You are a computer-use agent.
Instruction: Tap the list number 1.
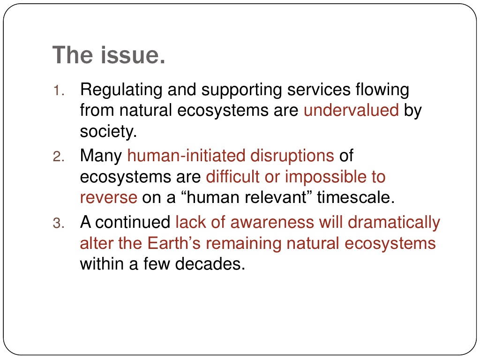tap(58, 91)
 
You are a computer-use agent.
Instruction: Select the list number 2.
tap(58, 157)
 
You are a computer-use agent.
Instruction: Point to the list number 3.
tap(58, 223)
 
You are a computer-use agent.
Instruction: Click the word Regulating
tap(121, 90)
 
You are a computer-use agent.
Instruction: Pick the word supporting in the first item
tap(241, 90)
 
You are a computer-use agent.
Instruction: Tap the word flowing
tap(382, 90)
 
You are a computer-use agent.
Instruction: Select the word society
tap(108, 131)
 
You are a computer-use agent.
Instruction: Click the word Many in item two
tap(101, 156)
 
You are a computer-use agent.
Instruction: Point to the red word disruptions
tap(292, 156)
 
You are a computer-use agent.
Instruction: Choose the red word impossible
tap(326, 177)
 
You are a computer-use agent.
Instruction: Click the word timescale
tap(356, 197)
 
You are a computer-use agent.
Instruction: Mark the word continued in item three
tap(133, 222)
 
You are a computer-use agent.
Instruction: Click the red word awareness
tap(272, 222)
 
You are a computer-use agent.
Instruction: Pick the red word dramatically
tap(394, 223)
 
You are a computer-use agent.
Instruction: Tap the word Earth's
tap(174, 243)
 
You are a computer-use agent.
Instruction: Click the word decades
tap(210, 264)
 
